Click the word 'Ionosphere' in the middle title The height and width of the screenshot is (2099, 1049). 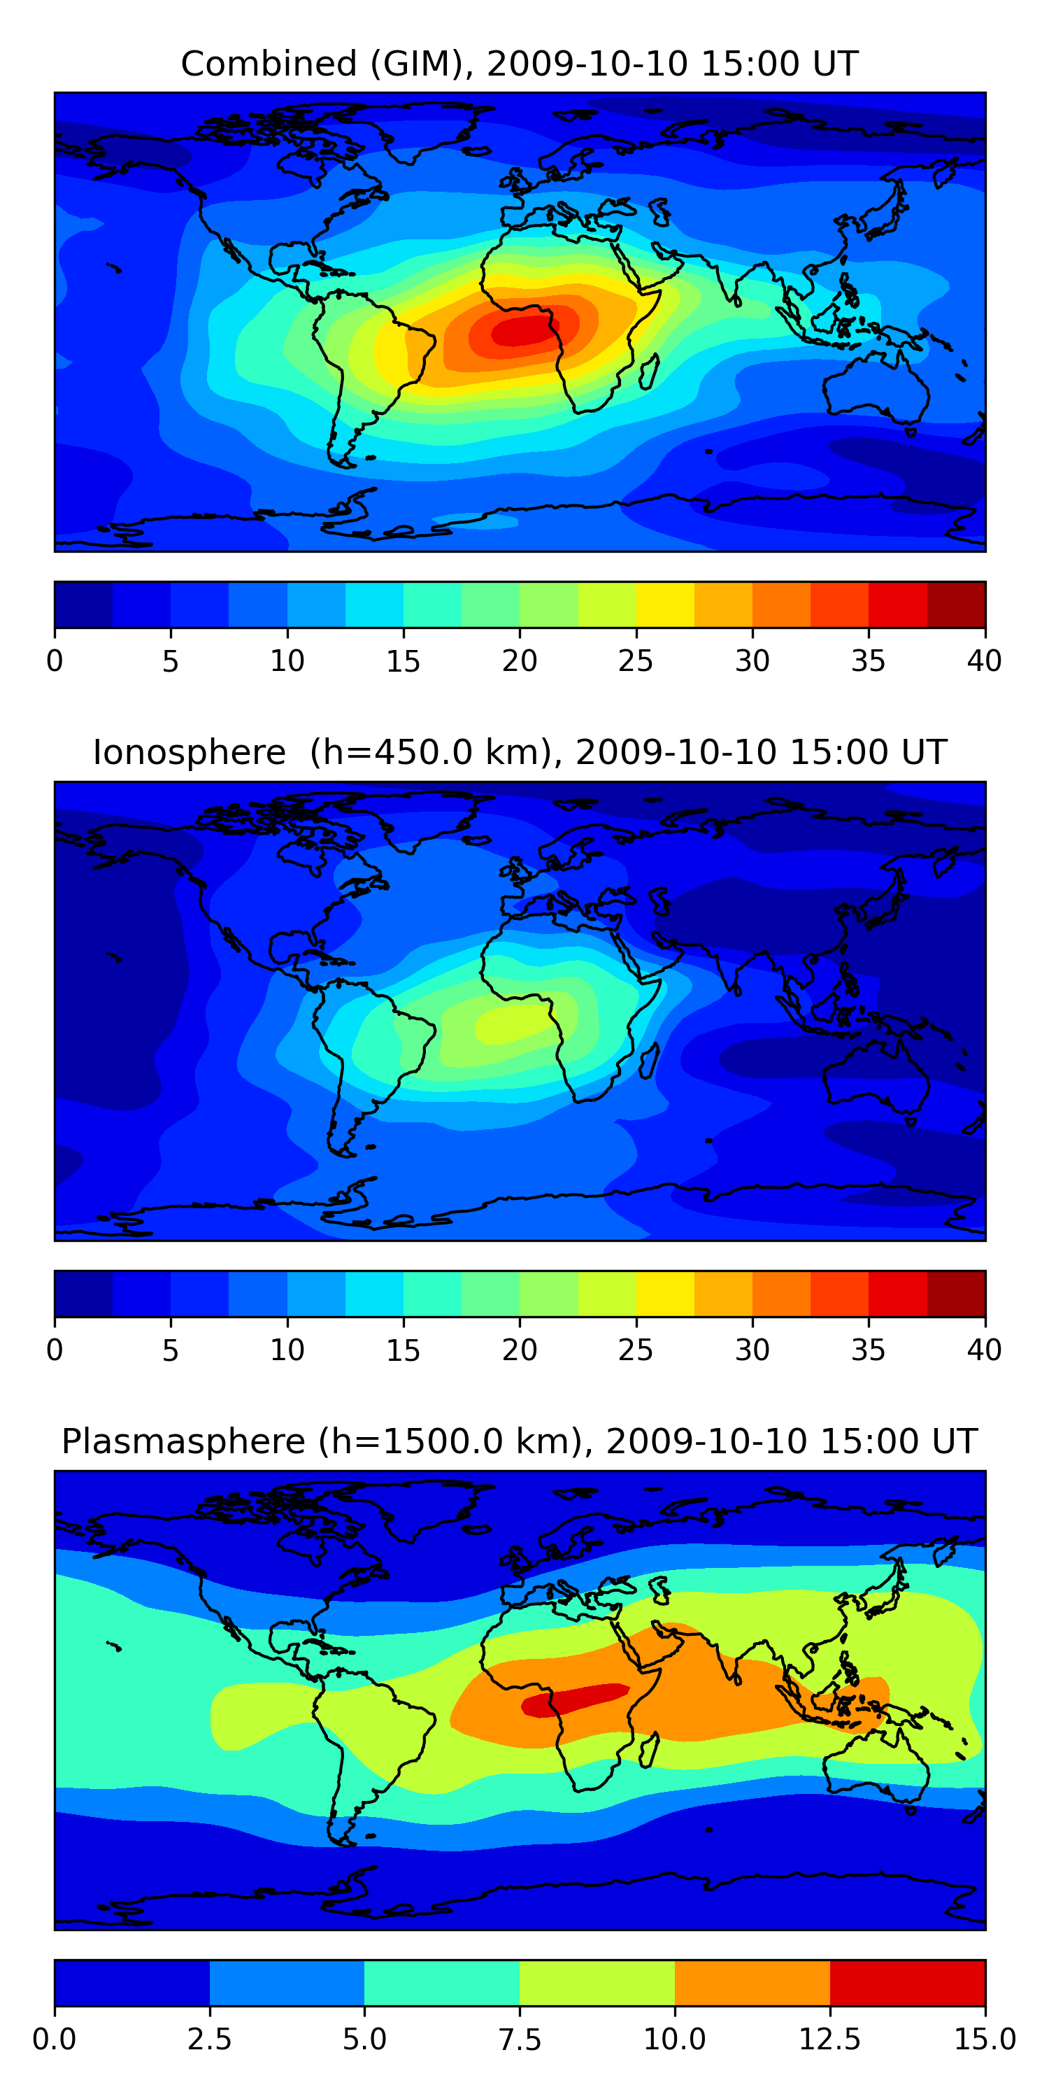coord(190,752)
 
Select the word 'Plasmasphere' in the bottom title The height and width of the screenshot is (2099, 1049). coord(183,1442)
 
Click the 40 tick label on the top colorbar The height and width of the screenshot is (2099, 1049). coord(985,660)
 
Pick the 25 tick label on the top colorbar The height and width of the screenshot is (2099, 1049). coord(635,660)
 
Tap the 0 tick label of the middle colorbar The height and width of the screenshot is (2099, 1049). coord(55,1350)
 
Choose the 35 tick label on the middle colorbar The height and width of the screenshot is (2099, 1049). coord(868,1350)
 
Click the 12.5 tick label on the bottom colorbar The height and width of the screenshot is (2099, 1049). coord(830,2040)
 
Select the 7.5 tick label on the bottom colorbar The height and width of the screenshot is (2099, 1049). coord(520,2040)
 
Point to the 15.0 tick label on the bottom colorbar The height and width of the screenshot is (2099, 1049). coord(985,2040)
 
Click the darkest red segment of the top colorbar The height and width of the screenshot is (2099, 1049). coord(956,605)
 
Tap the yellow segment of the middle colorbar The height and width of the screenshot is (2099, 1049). coord(665,1294)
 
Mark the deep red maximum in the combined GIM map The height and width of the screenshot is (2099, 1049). coord(526,331)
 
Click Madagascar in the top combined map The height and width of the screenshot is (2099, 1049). coord(649,372)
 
